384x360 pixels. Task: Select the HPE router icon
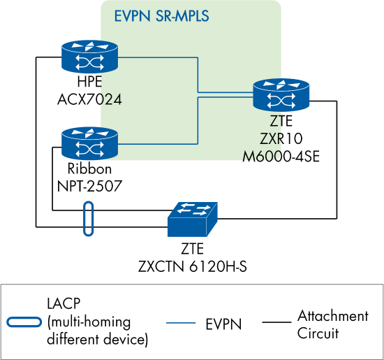(89, 56)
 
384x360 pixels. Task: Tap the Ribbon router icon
(89, 143)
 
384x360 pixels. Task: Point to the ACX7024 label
(89, 100)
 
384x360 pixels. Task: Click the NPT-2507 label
(89, 185)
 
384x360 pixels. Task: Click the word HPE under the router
(89, 85)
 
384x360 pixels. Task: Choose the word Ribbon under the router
(89, 170)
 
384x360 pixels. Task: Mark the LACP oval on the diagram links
(87, 219)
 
